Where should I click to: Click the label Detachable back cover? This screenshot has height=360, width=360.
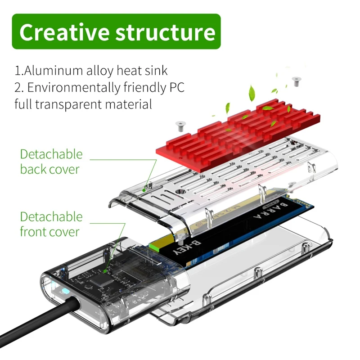[51, 162]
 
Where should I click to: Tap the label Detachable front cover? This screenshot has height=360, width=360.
[51, 224]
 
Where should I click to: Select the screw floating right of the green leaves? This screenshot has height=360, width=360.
[296, 81]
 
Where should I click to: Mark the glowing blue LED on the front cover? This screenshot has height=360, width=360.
[61, 288]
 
